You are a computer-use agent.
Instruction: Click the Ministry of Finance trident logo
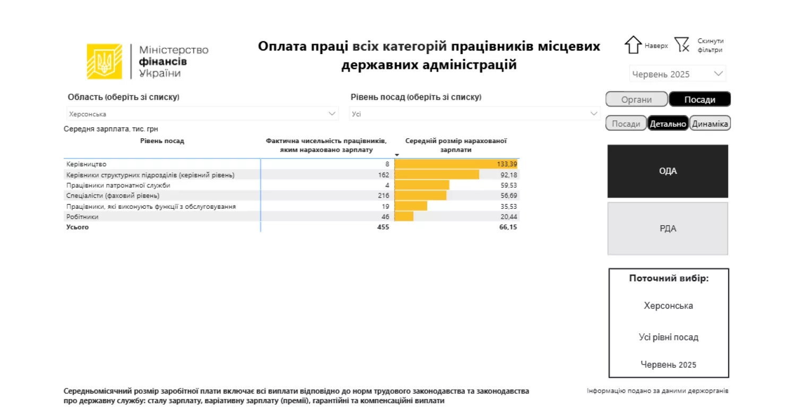pos(105,61)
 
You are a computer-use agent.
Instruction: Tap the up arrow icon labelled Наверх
pos(633,45)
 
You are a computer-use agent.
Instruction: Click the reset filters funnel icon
pos(682,45)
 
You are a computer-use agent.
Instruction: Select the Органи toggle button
pos(636,100)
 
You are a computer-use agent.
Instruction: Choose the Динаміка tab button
pos(711,123)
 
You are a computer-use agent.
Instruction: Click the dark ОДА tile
pos(668,171)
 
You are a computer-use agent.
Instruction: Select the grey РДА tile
pos(668,229)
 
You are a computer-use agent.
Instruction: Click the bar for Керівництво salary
pos(455,164)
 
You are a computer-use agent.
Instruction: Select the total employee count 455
pos(383,227)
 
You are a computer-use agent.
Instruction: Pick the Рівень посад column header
pos(162,141)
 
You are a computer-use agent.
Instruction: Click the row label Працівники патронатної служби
pos(118,185)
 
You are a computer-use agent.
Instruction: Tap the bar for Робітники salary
pos(404,217)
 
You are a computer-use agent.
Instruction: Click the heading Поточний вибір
pos(668,278)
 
